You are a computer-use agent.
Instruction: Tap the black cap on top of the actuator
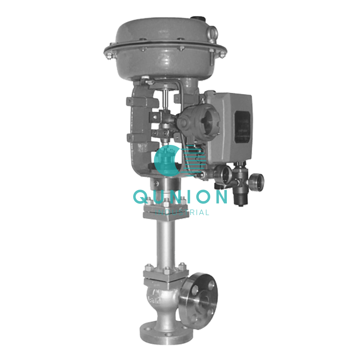tap(197, 18)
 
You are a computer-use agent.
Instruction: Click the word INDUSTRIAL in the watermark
tap(182, 212)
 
